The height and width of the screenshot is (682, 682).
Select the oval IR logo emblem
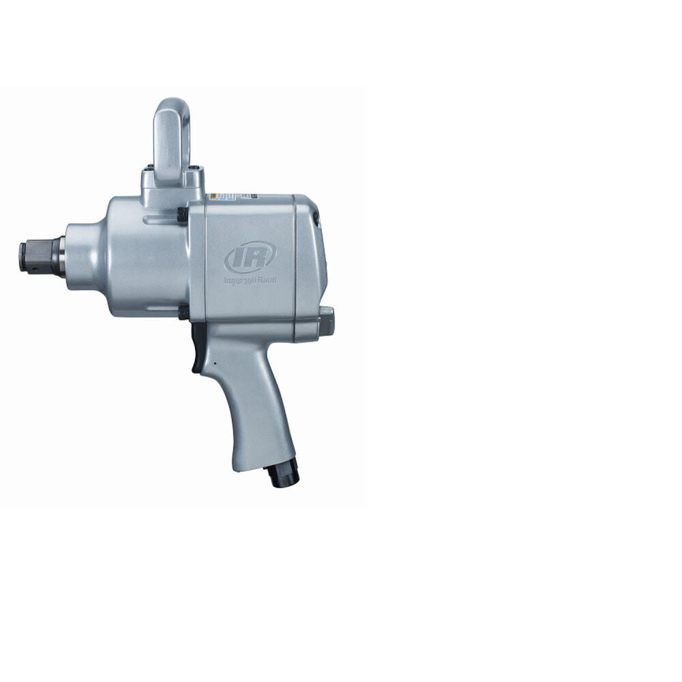coord(250,257)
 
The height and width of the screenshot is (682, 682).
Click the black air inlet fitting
coord(283,472)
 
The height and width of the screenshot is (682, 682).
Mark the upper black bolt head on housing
coord(183,213)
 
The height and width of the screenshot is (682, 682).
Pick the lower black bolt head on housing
coord(183,312)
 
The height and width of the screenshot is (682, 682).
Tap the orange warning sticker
coord(213,196)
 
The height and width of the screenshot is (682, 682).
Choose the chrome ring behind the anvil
coord(61,256)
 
